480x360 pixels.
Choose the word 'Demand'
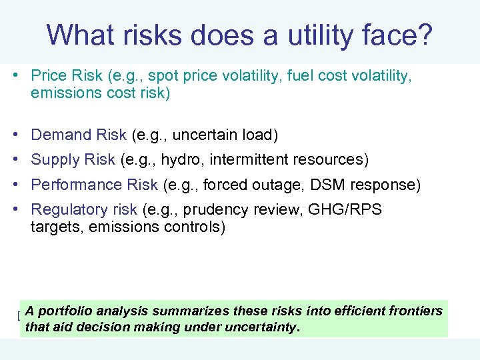[x=61, y=135]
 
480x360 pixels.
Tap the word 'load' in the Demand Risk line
[x=259, y=135]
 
